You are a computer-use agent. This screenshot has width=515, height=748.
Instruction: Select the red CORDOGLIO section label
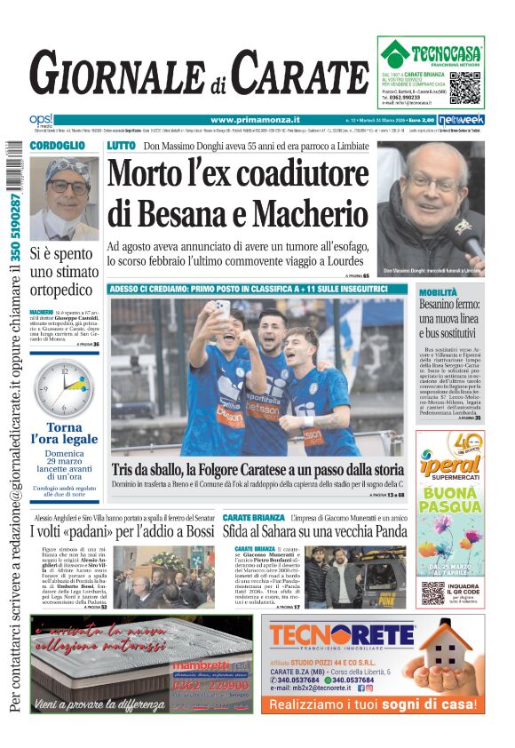[57, 146]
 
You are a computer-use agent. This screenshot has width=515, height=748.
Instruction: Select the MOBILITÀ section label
[439, 291]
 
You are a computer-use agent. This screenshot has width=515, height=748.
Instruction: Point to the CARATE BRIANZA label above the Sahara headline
[254, 517]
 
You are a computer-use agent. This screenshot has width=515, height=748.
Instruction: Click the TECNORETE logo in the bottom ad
[341, 635]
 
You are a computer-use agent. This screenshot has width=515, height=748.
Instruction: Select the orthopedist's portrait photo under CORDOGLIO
[64, 197]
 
